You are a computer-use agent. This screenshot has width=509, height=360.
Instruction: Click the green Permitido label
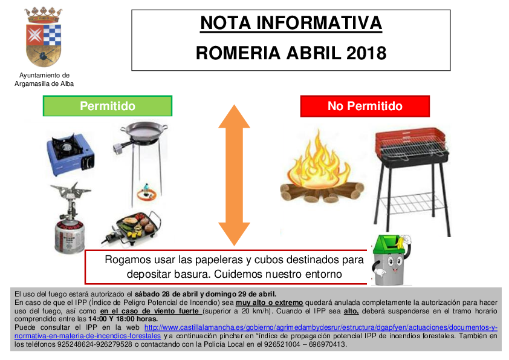(108, 106)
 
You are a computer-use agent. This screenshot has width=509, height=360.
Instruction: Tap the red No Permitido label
(365, 106)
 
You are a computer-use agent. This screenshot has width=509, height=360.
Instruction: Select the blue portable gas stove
(71, 154)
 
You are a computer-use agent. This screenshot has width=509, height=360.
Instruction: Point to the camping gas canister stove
(70, 217)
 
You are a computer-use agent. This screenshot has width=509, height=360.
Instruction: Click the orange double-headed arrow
(234, 175)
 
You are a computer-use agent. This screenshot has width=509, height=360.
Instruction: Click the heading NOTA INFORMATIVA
(291, 24)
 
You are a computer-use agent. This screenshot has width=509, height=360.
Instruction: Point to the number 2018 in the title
(366, 53)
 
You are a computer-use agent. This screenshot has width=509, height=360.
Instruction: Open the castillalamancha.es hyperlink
(256, 332)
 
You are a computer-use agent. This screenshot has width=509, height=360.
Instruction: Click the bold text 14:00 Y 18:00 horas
(123, 319)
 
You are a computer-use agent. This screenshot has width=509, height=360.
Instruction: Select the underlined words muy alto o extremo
(269, 303)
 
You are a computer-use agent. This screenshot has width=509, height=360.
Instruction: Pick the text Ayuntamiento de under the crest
(44, 75)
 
